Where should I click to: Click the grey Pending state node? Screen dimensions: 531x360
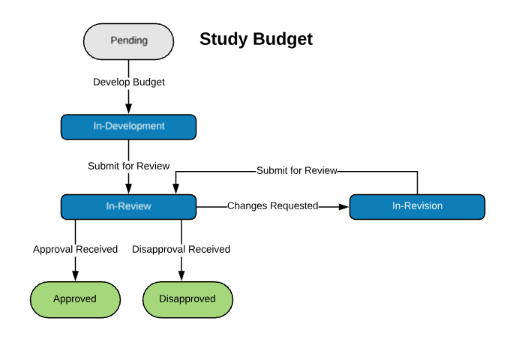click(128, 41)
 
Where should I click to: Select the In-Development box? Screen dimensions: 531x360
click(128, 127)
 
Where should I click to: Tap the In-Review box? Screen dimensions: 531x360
click(128, 206)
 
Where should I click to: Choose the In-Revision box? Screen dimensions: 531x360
click(417, 206)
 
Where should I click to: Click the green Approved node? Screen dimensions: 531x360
click(75, 299)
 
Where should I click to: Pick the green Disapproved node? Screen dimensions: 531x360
click(187, 299)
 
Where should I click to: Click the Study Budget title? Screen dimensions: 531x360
click(256, 39)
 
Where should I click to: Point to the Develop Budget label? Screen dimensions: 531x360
click(129, 82)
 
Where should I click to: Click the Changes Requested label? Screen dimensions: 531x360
click(272, 206)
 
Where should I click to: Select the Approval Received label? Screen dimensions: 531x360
click(75, 249)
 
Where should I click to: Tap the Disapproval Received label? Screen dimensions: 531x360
click(181, 249)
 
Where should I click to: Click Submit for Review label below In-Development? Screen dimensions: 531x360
click(129, 166)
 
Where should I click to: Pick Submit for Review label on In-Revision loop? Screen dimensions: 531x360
click(297, 170)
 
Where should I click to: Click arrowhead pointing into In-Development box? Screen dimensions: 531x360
click(128, 109)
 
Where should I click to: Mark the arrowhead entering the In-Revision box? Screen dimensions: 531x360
click(344, 206)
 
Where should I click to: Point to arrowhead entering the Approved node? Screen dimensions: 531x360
click(75, 276)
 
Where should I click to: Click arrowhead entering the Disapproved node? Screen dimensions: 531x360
click(181, 276)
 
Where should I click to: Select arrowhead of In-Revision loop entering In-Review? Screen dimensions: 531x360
click(175, 189)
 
